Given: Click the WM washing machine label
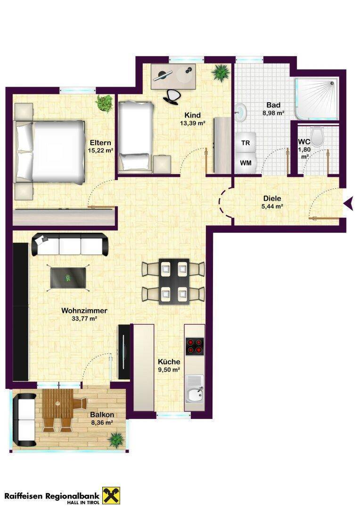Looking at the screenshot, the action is click(246, 163).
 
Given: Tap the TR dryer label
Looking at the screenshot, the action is click(246, 142).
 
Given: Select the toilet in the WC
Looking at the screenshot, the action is click(317, 136).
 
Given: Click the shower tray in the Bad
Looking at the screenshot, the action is click(317, 99).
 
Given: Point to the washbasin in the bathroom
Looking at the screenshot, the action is click(241, 112).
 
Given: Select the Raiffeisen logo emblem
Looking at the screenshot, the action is click(111, 495).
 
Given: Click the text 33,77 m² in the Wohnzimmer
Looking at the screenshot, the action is click(84, 319).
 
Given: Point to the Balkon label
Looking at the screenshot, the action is click(102, 415).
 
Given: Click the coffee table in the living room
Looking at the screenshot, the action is click(68, 278).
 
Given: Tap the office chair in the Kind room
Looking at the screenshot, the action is click(172, 96).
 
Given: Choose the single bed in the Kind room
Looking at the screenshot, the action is click(136, 136).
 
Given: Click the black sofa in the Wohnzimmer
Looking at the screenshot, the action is click(70, 245).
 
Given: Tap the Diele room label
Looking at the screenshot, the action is click(272, 198).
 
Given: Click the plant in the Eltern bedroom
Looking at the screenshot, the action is click(104, 103).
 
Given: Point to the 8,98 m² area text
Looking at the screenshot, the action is click(273, 113).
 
